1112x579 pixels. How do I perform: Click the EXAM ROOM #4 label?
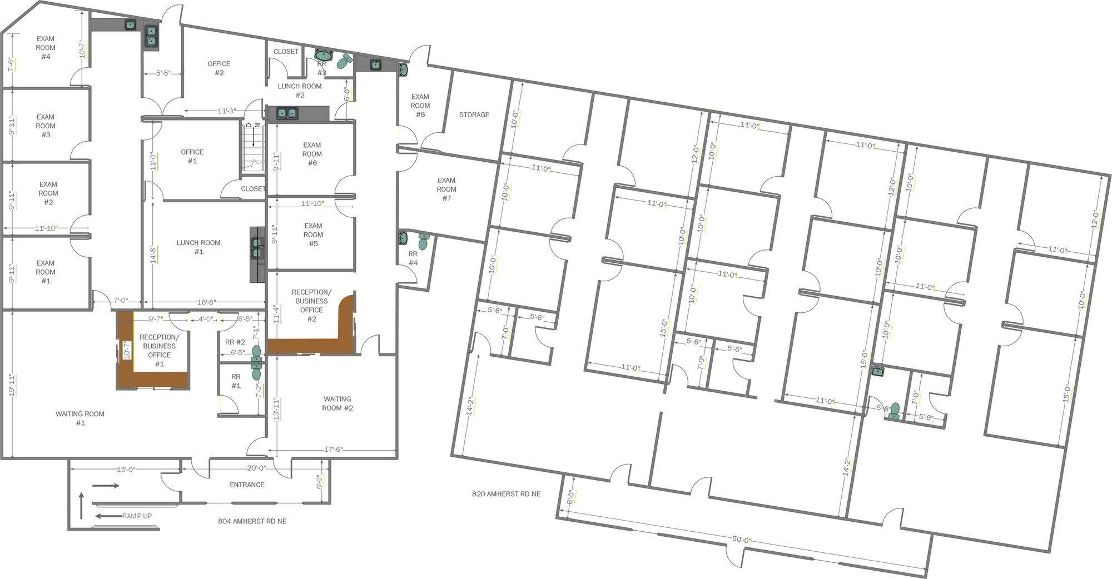(x=46, y=48)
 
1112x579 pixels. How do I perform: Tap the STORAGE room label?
(x=474, y=115)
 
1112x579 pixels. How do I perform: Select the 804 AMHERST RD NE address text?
(x=252, y=521)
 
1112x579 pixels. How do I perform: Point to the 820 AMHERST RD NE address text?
(x=506, y=494)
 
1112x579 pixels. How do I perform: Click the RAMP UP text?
(x=137, y=516)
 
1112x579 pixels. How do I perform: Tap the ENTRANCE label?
(x=247, y=485)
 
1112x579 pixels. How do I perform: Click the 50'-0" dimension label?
(x=742, y=540)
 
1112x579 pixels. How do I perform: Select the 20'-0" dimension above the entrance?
(x=257, y=468)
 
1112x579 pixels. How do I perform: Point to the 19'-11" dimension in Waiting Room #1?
(x=11, y=385)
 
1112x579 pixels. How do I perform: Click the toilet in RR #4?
(x=423, y=242)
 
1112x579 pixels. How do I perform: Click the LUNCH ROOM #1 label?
(x=198, y=247)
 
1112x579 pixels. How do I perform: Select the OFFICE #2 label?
(x=219, y=68)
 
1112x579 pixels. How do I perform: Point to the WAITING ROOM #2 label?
(x=337, y=403)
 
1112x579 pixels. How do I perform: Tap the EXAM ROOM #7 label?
(x=446, y=189)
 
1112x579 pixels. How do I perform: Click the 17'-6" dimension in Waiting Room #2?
(x=333, y=450)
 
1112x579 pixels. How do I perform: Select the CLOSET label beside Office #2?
(x=286, y=52)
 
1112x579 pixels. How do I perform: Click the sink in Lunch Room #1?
(x=257, y=248)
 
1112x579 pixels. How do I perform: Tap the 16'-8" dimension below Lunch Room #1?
(x=206, y=302)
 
